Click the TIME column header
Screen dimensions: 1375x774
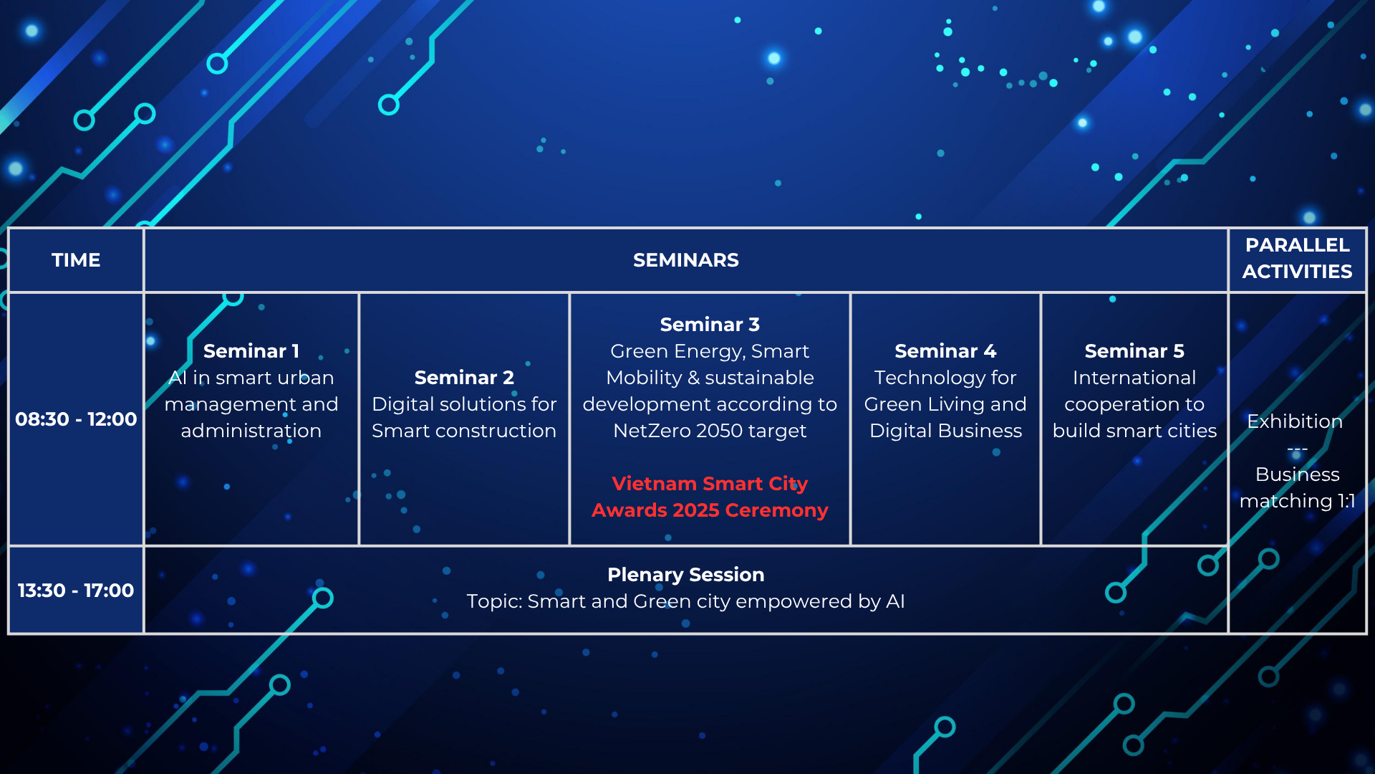coord(76,260)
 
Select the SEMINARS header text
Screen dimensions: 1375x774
coord(686,260)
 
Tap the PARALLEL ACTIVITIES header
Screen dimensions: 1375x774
coord(1297,258)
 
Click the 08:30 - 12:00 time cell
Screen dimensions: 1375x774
coord(76,419)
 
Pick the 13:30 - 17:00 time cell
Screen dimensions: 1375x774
coord(76,591)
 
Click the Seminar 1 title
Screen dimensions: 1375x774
coord(251,351)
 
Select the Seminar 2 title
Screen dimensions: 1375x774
coord(464,378)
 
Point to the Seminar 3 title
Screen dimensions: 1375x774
coord(710,325)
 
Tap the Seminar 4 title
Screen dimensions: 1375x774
coord(945,351)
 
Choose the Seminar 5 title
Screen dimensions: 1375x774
coord(1134,351)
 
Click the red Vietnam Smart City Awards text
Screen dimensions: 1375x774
coord(710,497)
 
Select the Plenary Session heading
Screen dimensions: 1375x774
coord(686,575)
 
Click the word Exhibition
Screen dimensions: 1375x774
coord(1295,421)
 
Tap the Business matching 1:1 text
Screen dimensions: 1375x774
coord(1297,487)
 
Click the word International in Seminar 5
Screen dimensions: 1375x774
coord(1134,378)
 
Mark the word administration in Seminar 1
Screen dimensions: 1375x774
coord(251,431)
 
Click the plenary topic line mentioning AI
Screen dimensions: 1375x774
coord(686,601)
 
